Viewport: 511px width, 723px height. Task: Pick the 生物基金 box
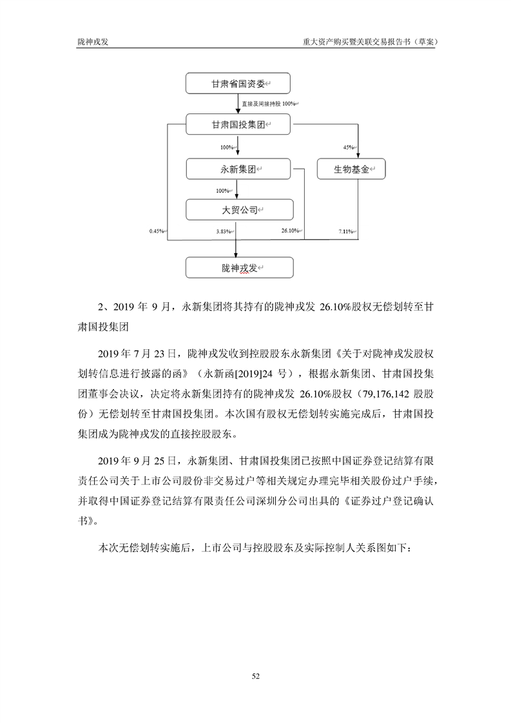[x=351, y=169]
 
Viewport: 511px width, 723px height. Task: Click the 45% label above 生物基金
[x=349, y=148]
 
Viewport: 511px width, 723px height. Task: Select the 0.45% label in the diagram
[x=157, y=231]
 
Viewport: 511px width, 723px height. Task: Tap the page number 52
[x=255, y=675]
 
